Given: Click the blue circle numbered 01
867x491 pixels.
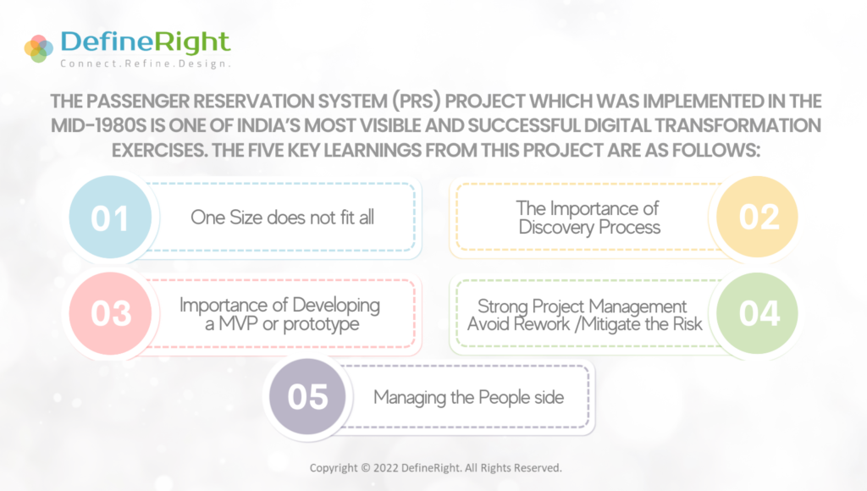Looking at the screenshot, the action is coord(110,217).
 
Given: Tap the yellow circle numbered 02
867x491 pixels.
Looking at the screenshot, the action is coord(757,216).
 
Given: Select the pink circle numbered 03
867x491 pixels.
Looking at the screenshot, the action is coord(110,313).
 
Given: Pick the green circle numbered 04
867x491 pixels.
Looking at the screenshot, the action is coord(757,313).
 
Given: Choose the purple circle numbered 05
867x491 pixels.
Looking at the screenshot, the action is coord(307,396).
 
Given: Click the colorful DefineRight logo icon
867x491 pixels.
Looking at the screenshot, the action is coord(39,48).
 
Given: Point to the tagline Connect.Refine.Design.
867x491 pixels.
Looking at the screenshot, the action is coord(146,63).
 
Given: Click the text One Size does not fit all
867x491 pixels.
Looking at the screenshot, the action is coord(283,218).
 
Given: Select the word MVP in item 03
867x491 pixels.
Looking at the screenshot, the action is coord(238,323).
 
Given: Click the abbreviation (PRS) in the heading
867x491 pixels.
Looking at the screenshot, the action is coord(417,102).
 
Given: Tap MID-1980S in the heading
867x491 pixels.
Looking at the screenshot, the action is coord(99,125).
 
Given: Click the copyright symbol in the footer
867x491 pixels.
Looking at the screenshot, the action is coord(366,468).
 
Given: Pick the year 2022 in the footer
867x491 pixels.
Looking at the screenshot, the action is coord(385,468).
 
